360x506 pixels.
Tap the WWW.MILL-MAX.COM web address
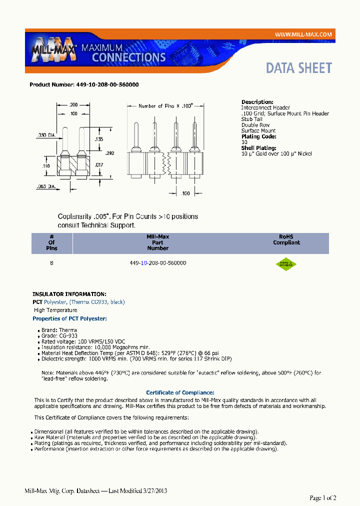303,34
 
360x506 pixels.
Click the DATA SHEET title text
298,68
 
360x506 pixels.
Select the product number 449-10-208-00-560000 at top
84,85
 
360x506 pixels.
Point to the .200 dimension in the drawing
73,105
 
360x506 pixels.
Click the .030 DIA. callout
46,135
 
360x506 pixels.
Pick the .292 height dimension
110,153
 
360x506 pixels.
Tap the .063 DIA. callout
46,186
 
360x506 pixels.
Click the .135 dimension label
99,139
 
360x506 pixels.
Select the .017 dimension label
99,163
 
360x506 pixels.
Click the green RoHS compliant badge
286,264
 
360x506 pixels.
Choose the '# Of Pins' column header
51,242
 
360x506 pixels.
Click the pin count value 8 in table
51,262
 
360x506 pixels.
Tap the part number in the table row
157,262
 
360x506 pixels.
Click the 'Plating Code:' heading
258,136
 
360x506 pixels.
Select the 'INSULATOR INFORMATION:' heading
69,294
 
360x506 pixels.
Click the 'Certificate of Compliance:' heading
180,392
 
